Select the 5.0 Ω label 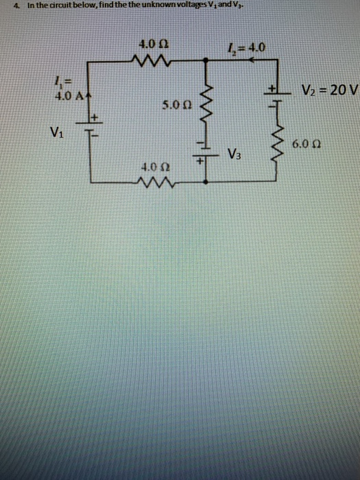(176, 106)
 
